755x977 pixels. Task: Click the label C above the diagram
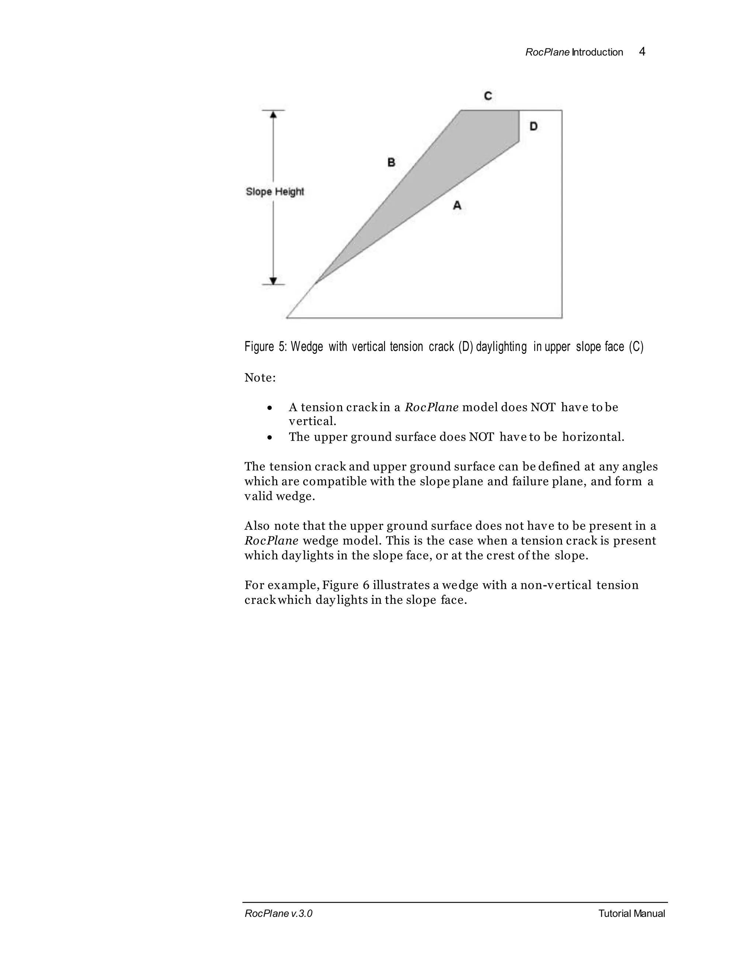(488, 96)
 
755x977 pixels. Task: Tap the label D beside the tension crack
(533, 126)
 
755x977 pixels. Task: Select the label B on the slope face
(392, 162)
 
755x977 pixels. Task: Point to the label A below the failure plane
(457, 205)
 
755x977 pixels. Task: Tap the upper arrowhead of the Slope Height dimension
(273, 115)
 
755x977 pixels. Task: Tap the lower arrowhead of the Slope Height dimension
(273, 281)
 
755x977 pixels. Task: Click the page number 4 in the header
(642, 52)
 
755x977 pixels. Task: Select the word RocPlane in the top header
(547, 52)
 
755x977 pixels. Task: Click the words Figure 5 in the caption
(265, 347)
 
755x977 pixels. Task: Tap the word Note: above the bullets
(260, 378)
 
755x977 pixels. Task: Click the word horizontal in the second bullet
(593, 437)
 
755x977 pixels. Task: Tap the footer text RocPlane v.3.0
(278, 914)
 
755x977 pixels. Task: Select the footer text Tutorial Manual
(631, 914)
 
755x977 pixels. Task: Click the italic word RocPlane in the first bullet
(431, 407)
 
